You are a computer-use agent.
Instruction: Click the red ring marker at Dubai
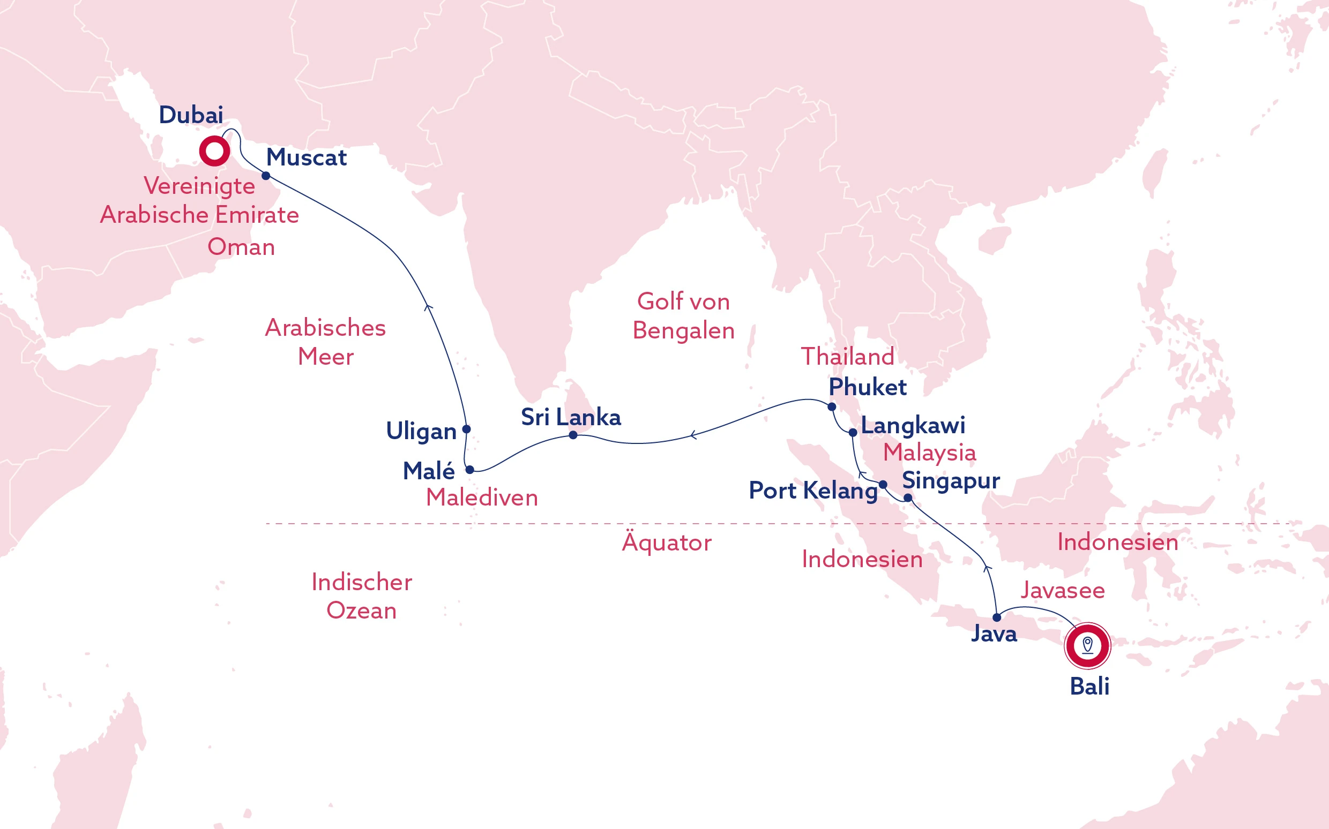click(x=214, y=152)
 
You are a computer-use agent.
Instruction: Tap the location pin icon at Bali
click(x=1087, y=645)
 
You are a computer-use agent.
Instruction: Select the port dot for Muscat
click(x=266, y=176)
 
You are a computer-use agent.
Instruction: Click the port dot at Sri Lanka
click(x=573, y=435)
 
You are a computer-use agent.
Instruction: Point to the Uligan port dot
click(x=466, y=429)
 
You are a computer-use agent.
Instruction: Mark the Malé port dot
click(x=469, y=470)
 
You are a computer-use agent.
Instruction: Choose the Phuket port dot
click(x=832, y=407)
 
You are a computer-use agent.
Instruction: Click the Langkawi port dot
click(x=853, y=433)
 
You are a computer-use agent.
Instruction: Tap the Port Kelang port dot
click(x=883, y=485)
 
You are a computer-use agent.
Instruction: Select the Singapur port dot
click(x=908, y=499)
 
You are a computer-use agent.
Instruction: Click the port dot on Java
click(x=997, y=618)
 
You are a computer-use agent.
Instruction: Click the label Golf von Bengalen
click(x=683, y=316)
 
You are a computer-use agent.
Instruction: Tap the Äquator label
click(x=667, y=543)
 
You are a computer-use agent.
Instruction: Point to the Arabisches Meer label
click(x=325, y=342)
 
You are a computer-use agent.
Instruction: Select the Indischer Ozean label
click(x=362, y=596)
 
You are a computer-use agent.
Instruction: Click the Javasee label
click(x=1063, y=591)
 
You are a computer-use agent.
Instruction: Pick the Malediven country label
click(x=482, y=498)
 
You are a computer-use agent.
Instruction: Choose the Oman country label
click(x=241, y=247)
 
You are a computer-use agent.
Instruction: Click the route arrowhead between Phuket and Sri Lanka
click(x=693, y=435)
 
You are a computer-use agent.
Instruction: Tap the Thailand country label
click(x=847, y=357)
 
